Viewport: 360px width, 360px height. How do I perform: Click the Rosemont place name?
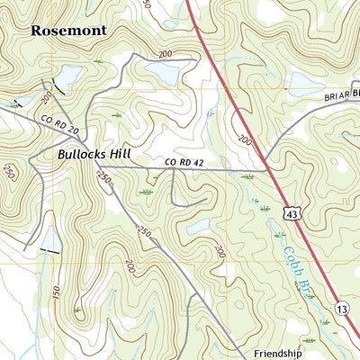tap(68, 30)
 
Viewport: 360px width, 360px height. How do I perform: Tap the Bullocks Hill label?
tap(96, 154)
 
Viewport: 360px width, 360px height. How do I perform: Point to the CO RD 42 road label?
tap(180, 162)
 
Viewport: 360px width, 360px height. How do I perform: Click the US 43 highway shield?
tap(290, 212)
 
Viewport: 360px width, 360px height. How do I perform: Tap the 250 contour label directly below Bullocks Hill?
tap(103, 178)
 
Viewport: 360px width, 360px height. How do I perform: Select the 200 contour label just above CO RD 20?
tap(46, 96)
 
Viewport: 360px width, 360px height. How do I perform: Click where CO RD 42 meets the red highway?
tap(267, 169)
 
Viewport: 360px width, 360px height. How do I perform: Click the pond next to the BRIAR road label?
tap(306, 85)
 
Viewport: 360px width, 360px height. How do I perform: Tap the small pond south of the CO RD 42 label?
tap(197, 226)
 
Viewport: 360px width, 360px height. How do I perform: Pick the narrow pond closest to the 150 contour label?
tap(50, 238)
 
